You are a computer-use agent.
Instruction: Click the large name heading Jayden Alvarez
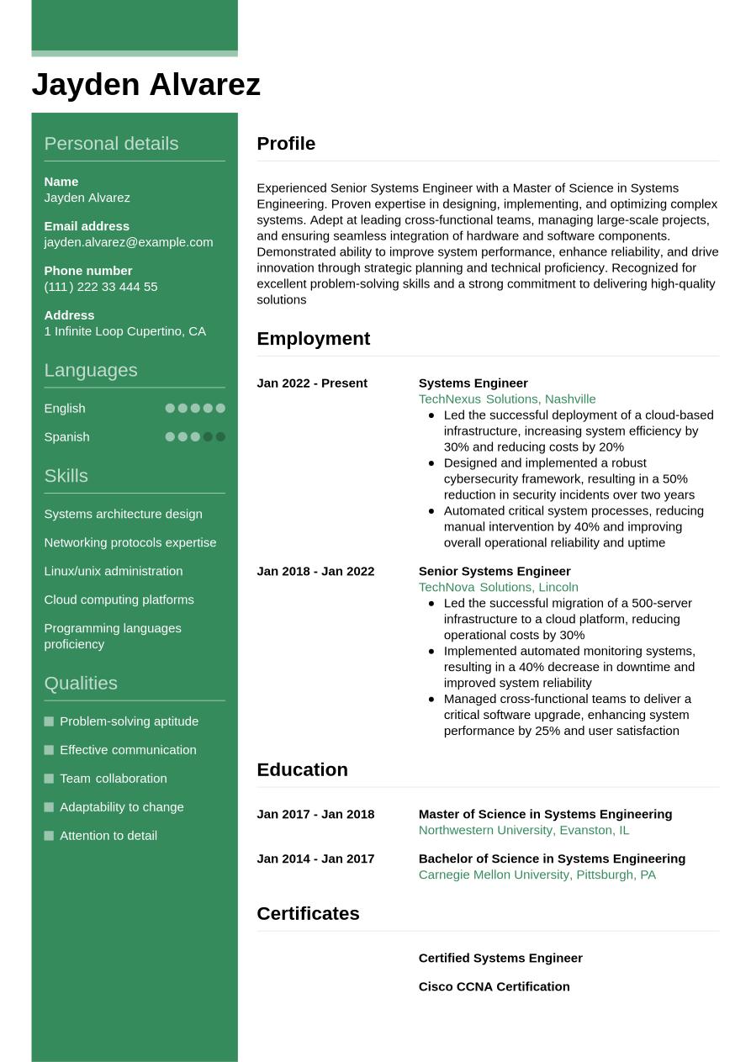145,85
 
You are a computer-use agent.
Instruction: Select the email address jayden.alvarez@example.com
128,242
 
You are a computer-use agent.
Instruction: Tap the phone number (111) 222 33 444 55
101,287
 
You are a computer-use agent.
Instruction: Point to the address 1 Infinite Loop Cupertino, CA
124,331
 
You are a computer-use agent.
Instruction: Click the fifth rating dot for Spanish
220,437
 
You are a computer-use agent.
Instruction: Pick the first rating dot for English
170,409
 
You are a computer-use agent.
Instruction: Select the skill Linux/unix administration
113,571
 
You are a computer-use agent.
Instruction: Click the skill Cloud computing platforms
119,600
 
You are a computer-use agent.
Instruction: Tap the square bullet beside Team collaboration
49,779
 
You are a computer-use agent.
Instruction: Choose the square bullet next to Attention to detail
49,836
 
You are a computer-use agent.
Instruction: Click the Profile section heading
286,144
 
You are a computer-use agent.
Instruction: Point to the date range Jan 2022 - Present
312,383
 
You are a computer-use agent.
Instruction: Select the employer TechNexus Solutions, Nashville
506,399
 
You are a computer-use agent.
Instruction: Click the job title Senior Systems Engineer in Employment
494,572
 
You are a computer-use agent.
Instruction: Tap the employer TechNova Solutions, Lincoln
498,588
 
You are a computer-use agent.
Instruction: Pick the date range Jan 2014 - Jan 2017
315,859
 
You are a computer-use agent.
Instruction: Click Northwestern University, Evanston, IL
523,830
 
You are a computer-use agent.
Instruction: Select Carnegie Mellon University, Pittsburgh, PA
537,874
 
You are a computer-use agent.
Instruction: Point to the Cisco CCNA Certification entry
494,986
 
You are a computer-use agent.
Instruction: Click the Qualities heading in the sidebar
81,683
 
